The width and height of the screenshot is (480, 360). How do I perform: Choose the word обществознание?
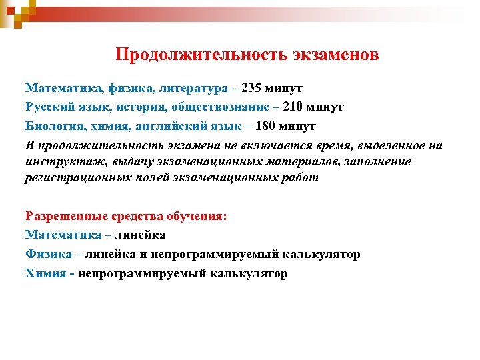pyautogui.click(x=223, y=107)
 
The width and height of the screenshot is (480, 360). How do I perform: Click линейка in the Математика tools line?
pyautogui.click(x=141, y=235)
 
